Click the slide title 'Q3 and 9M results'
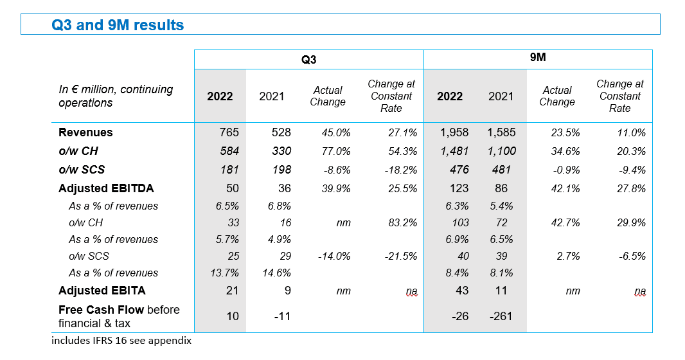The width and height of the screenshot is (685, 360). (x=118, y=25)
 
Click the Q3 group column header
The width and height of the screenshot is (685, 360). (x=308, y=60)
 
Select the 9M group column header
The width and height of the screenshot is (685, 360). (x=538, y=58)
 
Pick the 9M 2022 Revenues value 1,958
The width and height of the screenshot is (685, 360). (x=454, y=132)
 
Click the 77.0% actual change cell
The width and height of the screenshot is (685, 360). (x=336, y=152)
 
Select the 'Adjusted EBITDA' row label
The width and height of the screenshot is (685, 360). (x=106, y=188)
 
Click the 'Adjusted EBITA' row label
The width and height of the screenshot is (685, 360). (x=102, y=291)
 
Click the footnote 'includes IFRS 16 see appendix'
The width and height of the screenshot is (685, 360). (x=121, y=341)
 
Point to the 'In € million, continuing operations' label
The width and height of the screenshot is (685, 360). (x=116, y=96)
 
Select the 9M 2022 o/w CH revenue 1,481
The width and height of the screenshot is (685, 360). (x=454, y=152)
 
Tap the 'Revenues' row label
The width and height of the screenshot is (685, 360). (x=85, y=132)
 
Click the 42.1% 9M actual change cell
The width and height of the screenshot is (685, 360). (x=565, y=189)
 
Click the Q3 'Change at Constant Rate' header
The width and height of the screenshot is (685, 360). (x=391, y=96)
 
